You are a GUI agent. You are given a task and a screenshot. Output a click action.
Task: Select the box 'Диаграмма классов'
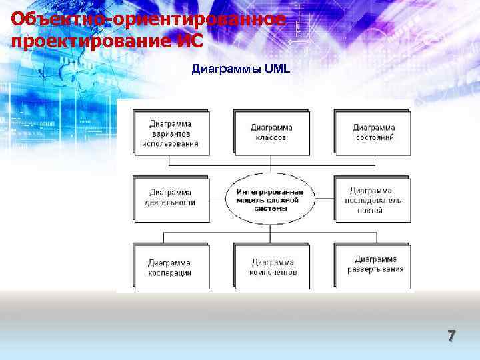271,132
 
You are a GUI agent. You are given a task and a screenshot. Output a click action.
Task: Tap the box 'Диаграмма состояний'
373,132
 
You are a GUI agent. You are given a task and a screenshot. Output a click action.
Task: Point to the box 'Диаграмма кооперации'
170,267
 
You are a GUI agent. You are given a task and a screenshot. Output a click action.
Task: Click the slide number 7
451,337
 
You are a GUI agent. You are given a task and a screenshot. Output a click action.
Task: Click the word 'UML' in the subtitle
277,69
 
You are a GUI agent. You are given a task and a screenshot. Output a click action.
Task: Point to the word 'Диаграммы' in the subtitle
226,69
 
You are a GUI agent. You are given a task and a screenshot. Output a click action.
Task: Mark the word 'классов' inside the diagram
271,137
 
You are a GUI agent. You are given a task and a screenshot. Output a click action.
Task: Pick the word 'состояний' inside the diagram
374,137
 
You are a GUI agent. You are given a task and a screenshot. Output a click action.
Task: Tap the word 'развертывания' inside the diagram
375,269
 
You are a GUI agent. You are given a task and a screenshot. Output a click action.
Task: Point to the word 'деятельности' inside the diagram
170,203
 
